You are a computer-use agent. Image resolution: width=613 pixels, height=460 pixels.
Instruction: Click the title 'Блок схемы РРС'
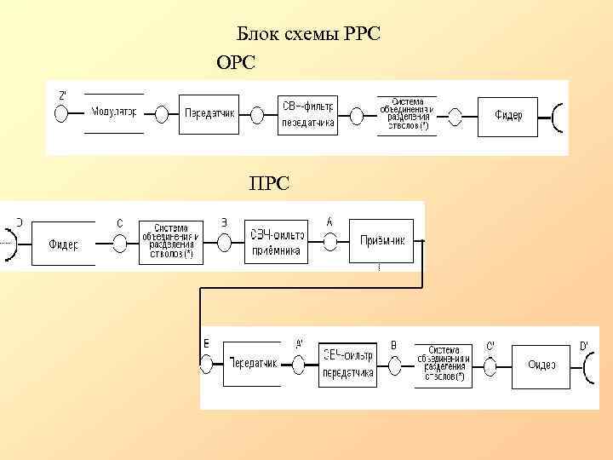click(307, 34)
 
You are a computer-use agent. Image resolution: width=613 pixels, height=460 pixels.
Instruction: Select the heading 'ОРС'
click(236, 62)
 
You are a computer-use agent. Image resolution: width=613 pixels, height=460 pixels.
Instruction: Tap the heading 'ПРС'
click(268, 182)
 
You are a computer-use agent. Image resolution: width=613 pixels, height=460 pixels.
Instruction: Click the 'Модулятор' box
click(115, 112)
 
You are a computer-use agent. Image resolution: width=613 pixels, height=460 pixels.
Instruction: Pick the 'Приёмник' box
click(381, 241)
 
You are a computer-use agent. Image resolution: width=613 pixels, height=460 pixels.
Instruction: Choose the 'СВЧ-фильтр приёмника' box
click(277, 242)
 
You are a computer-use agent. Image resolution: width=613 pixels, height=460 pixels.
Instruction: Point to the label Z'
click(62, 95)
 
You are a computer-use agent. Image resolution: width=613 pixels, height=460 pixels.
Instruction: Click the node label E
click(206, 342)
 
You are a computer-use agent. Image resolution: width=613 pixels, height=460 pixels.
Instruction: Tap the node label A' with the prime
click(298, 344)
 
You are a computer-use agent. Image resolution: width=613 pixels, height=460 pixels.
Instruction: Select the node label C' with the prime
click(490, 345)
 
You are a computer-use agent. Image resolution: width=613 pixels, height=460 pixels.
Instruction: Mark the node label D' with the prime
click(584, 345)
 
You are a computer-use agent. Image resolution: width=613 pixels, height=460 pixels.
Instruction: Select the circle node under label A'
click(298, 364)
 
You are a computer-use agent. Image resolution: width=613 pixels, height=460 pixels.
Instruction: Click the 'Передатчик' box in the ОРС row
click(210, 112)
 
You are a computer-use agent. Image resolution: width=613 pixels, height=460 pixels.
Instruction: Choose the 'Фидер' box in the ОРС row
click(508, 114)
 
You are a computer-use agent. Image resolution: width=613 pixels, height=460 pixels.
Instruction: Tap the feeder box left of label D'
click(541, 365)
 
